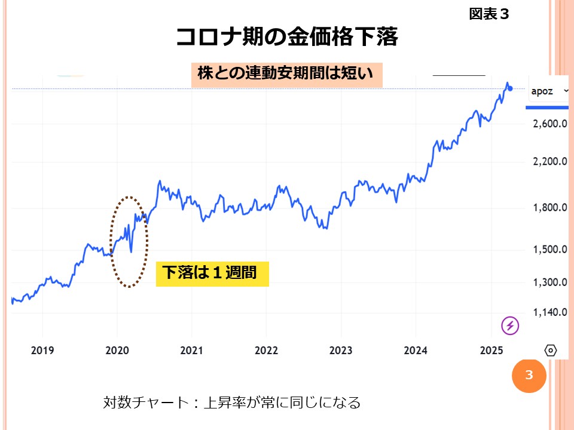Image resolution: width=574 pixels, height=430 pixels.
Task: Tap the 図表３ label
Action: (x=488, y=14)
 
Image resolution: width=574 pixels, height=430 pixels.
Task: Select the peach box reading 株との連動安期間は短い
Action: (x=286, y=75)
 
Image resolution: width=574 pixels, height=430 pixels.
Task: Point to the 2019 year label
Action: (x=42, y=350)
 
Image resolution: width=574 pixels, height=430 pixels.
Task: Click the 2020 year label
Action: (x=117, y=350)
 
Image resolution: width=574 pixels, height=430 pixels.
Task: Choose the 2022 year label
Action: (x=266, y=350)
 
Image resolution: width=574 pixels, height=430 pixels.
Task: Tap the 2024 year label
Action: (x=416, y=350)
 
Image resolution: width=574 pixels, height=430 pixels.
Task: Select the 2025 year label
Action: (x=491, y=350)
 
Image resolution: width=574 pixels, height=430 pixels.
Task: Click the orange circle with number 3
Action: (x=529, y=375)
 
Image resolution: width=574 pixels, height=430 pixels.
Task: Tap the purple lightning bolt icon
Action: (x=510, y=325)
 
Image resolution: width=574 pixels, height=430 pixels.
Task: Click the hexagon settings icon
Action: (x=551, y=351)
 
